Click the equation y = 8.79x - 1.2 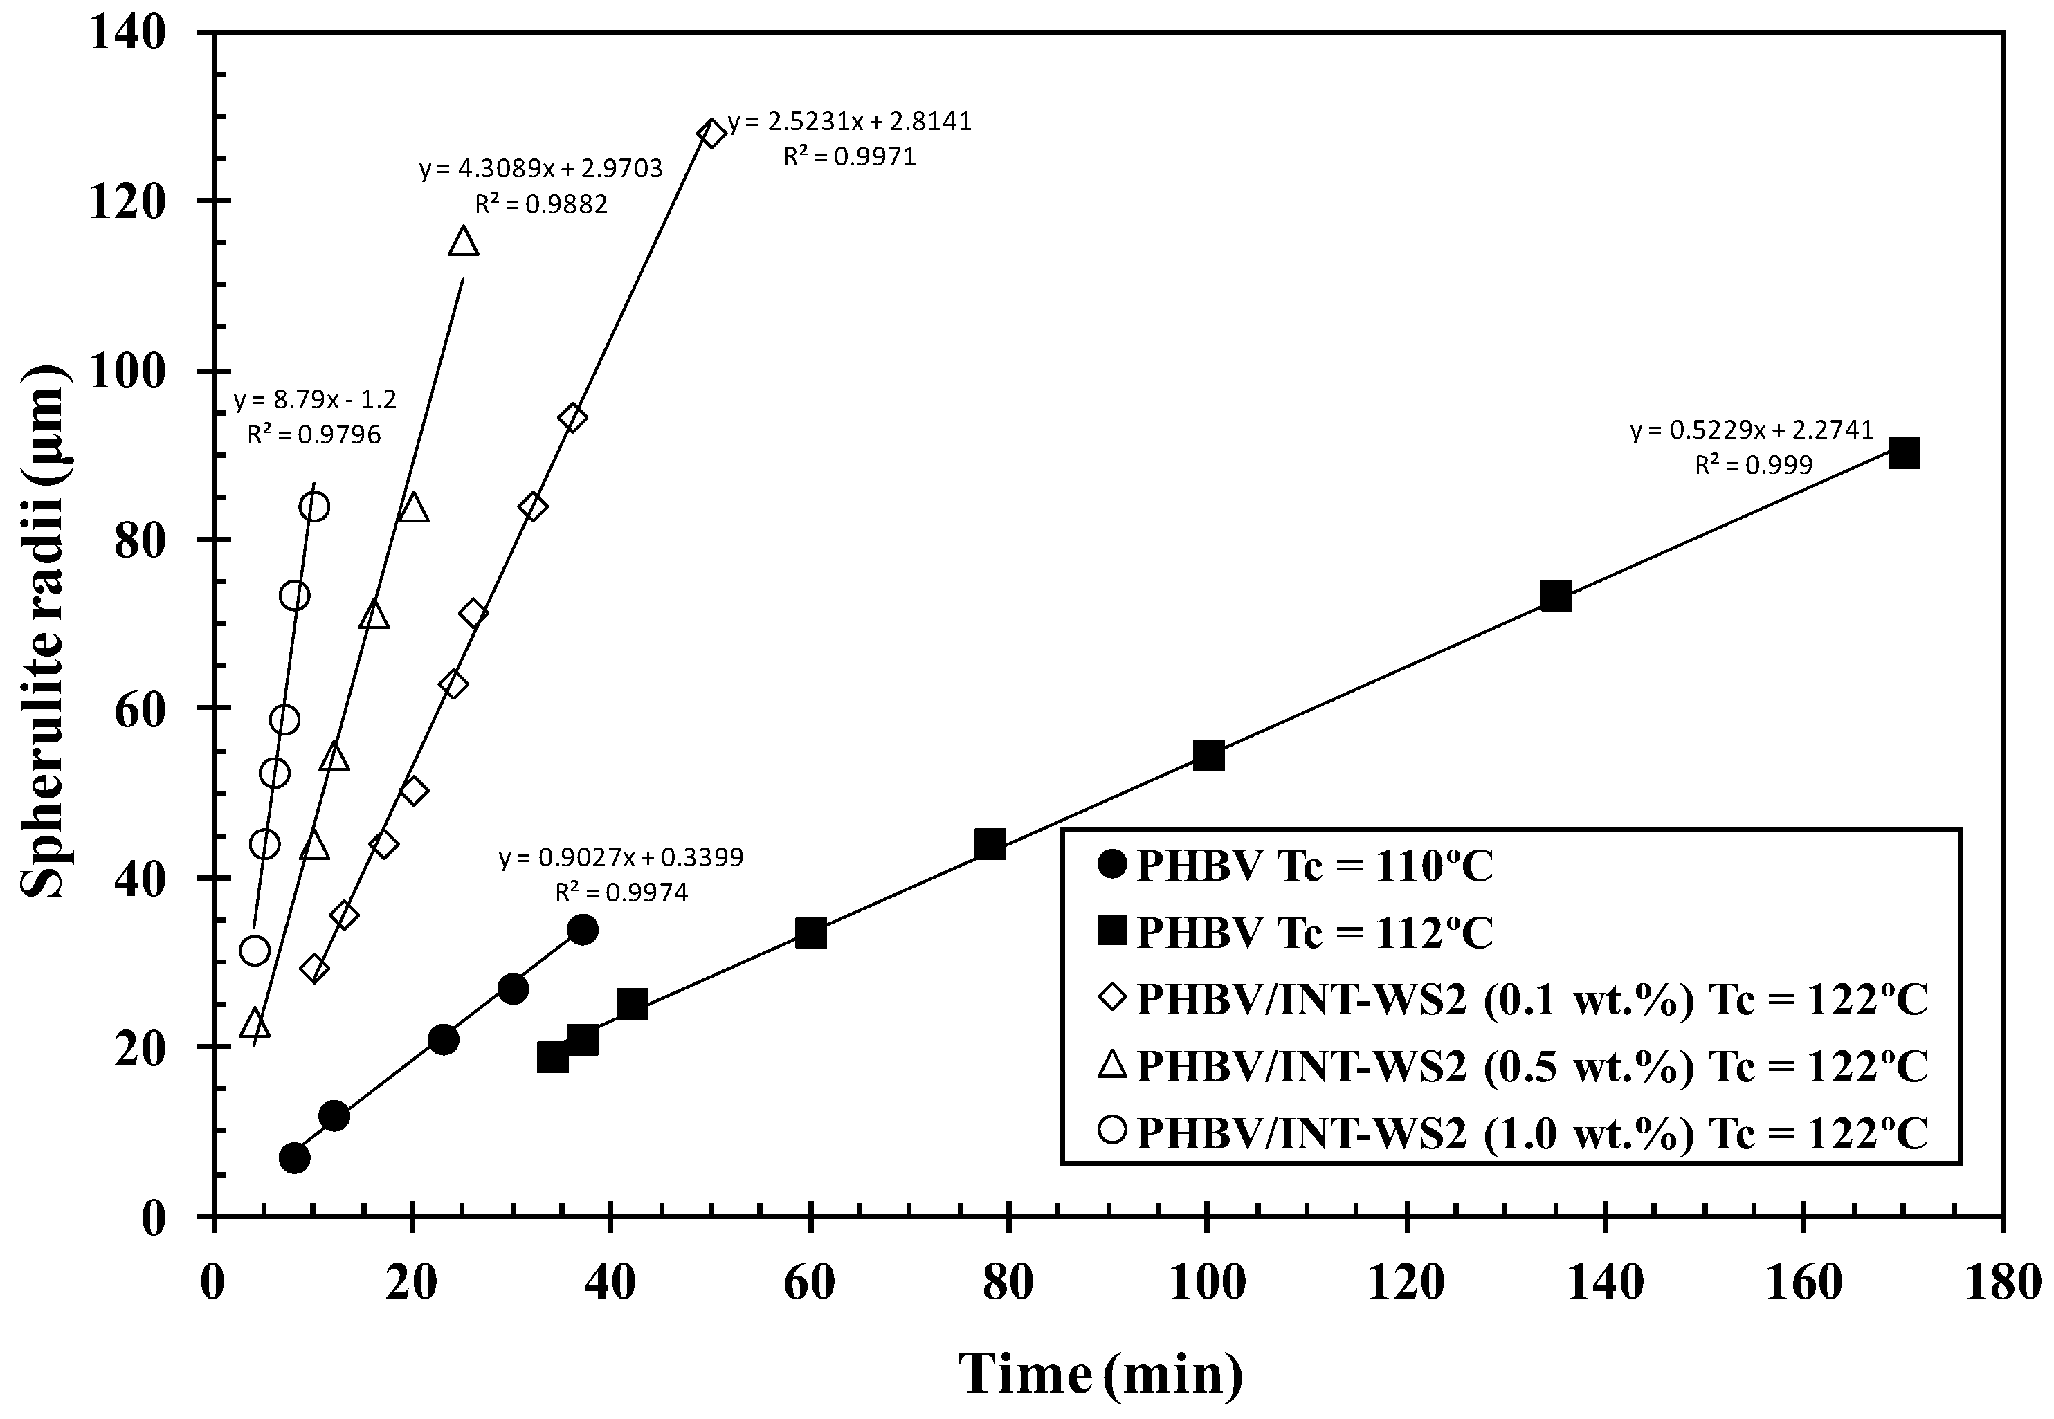[x=315, y=399]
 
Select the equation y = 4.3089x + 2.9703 [x=540, y=168]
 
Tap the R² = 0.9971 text [x=848, y=157]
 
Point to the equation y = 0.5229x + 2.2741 [x=1752, y=430]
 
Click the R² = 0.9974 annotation [x=621, y=892]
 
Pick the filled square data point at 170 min [x=1904, y=453]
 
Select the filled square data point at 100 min [x=1208, y=757]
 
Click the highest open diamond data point [x=711, y=134]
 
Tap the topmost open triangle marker [x=463, y=242]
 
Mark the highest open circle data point [x=314, y=506]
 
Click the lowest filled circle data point [x=294, y=1157]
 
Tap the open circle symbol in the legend [x=1111, y=1132]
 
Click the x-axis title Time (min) [x=1101, y=1373]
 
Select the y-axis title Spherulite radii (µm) [x=44, y=623]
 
